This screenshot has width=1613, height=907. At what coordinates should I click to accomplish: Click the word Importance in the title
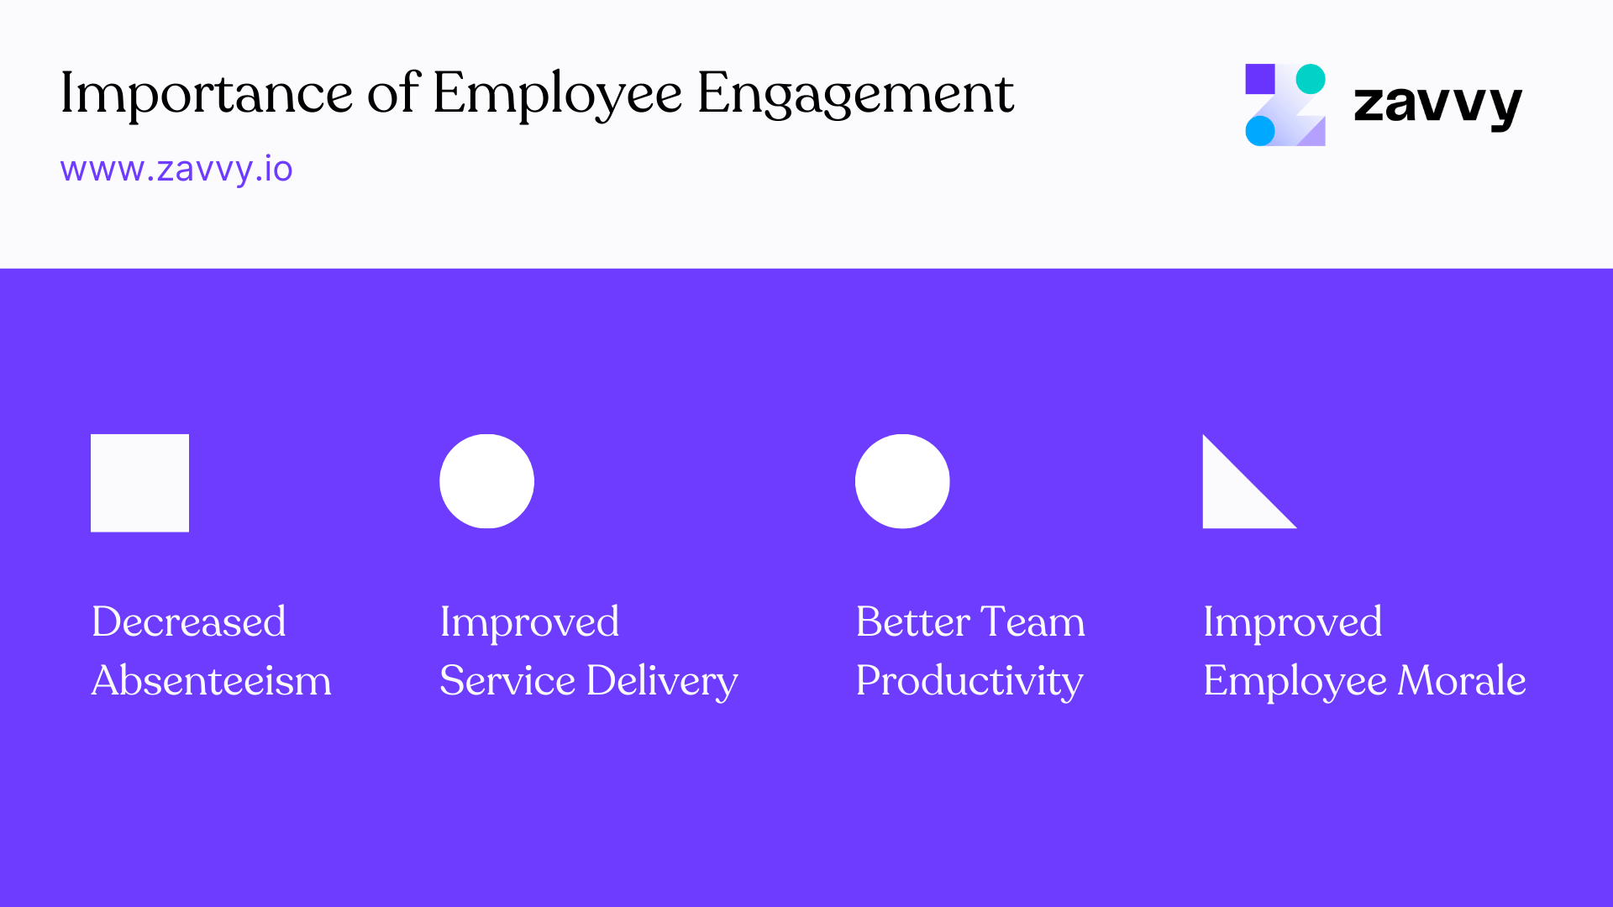point(206,94)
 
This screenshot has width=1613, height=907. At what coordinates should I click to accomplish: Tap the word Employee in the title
point(556,94)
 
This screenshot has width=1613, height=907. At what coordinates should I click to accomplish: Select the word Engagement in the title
point(854,94)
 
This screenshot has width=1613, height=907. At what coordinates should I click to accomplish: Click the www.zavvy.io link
point(176,169)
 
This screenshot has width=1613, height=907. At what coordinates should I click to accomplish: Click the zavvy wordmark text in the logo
point(1437,104)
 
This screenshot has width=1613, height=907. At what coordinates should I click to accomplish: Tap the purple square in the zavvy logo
point(1259,79)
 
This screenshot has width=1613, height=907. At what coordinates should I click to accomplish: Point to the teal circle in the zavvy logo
point(1311,79)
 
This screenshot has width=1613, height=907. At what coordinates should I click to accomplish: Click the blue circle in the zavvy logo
point(1259,131)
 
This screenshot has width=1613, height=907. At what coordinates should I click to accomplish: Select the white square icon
point(139,483)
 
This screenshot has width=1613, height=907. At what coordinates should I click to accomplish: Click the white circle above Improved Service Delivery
point(486,481)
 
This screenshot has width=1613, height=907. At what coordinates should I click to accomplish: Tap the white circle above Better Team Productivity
point(902,481)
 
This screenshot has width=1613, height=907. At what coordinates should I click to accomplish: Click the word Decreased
point(188,622)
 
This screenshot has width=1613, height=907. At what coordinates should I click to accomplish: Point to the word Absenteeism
point(211,680)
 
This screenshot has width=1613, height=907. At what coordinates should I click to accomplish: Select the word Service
point(507,680)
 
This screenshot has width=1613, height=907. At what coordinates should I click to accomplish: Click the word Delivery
point(662,682)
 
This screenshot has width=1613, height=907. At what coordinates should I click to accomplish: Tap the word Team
point(1032,622)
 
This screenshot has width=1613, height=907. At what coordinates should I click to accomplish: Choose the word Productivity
point(969,682)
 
